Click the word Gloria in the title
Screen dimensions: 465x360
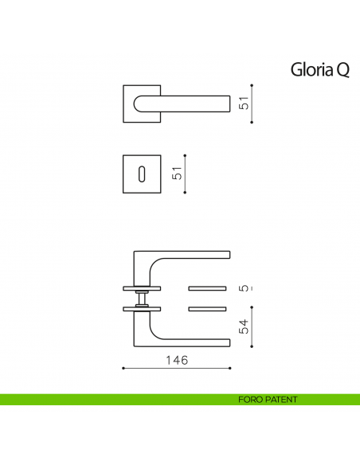click(x=311, y=71)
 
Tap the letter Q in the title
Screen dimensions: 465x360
click(x=342, y=71)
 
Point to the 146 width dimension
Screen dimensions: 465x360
click(x=176, y=360)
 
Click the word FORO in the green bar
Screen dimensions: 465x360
click(x=249, y=400)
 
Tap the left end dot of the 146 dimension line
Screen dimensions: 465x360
click(x=123, y=369)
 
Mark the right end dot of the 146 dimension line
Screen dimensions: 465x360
click(x=231, y=369)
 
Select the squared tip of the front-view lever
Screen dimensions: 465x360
click(x=228, y=104)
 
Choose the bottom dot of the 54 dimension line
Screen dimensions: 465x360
click(x=252, y=347)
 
